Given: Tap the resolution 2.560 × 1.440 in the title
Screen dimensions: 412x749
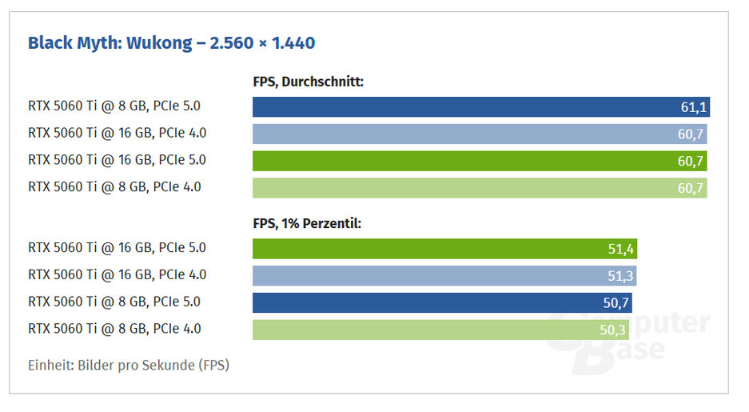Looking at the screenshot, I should point(262,43).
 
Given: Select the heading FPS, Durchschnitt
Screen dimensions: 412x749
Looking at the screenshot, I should point(308,81).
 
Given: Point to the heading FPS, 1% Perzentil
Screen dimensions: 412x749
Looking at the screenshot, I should point(307,223).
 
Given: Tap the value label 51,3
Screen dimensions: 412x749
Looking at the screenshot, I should point(620,276).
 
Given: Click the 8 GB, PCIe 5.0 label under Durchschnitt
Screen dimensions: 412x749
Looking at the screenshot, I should point(114,106).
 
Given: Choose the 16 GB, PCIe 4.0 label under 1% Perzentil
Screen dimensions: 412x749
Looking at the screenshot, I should point(117,274).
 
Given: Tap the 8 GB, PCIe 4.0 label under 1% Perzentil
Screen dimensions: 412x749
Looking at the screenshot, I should point(114,328).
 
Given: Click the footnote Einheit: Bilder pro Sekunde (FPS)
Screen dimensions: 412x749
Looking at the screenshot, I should point(129,366).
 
